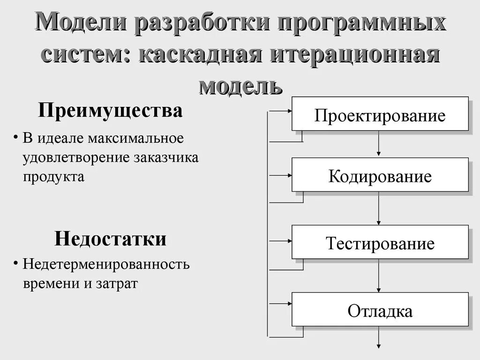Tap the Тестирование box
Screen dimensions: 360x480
click(x=380, y=242)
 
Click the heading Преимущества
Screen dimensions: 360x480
click(x=110, y=112)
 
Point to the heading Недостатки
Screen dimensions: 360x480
click(x=110, y=239)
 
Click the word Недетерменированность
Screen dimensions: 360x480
click(x=106, y=264)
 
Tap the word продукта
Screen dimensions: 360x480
click(x=54, y=177)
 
